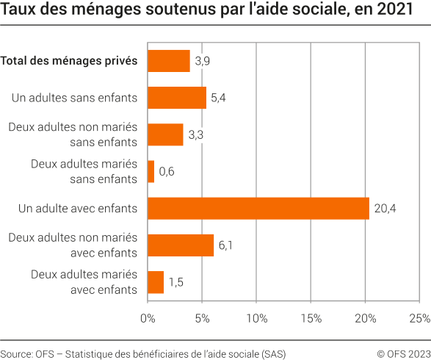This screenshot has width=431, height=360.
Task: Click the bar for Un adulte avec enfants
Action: tap(258, 209)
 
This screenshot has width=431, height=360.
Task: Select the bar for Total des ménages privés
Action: tap(169, 61)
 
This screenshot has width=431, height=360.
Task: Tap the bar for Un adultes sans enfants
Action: tap(177, 98)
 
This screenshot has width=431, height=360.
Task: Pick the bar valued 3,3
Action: tap(165, 134)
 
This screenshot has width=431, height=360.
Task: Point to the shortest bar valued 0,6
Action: tap(151, 172)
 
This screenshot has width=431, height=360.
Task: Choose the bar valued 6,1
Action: tap(181, 245)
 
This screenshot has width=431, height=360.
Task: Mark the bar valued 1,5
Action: tap(156, 282)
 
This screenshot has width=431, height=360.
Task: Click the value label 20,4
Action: tap(384, 209)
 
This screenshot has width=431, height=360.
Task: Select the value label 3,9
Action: tap(203, 61)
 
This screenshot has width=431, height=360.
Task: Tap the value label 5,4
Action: tap(219, 98)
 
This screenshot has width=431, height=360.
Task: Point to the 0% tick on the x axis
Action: tap(148, 318)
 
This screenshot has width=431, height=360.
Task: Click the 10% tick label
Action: tap(256, 318)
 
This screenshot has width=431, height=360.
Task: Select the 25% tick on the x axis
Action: tap(419, 318)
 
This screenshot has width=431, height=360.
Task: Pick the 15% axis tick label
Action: tap(311, 318)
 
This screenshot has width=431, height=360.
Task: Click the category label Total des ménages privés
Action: tap(69, 61)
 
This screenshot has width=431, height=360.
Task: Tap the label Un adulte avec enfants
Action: tap(78, 209)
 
